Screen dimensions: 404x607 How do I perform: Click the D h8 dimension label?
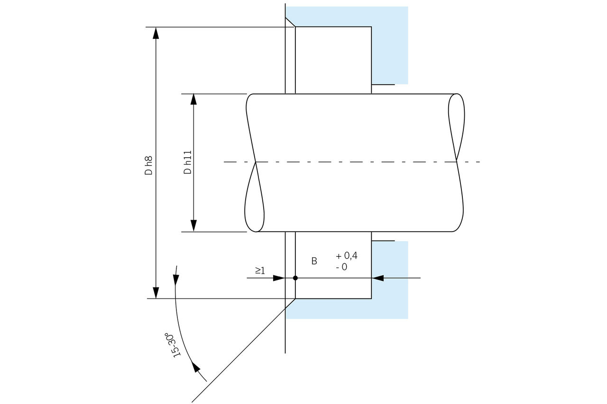(149, 165)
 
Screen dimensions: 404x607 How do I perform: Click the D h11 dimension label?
(188, 163)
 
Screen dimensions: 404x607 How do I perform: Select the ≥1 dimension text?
(260, 270)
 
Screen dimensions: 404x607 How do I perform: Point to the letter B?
(314, 261)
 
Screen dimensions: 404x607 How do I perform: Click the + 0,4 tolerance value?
(347, 256)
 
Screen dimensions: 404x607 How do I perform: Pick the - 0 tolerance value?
(341, 267)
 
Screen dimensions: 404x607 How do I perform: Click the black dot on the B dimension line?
(295, 278)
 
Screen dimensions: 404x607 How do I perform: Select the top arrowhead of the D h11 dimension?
(193, 99)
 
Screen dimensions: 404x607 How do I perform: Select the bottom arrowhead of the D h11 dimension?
(193, 226)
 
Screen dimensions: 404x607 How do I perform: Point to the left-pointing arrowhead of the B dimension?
(378, 278)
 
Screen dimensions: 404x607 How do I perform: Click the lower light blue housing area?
(390, 284)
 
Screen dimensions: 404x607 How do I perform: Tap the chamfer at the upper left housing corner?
(290, 22)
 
